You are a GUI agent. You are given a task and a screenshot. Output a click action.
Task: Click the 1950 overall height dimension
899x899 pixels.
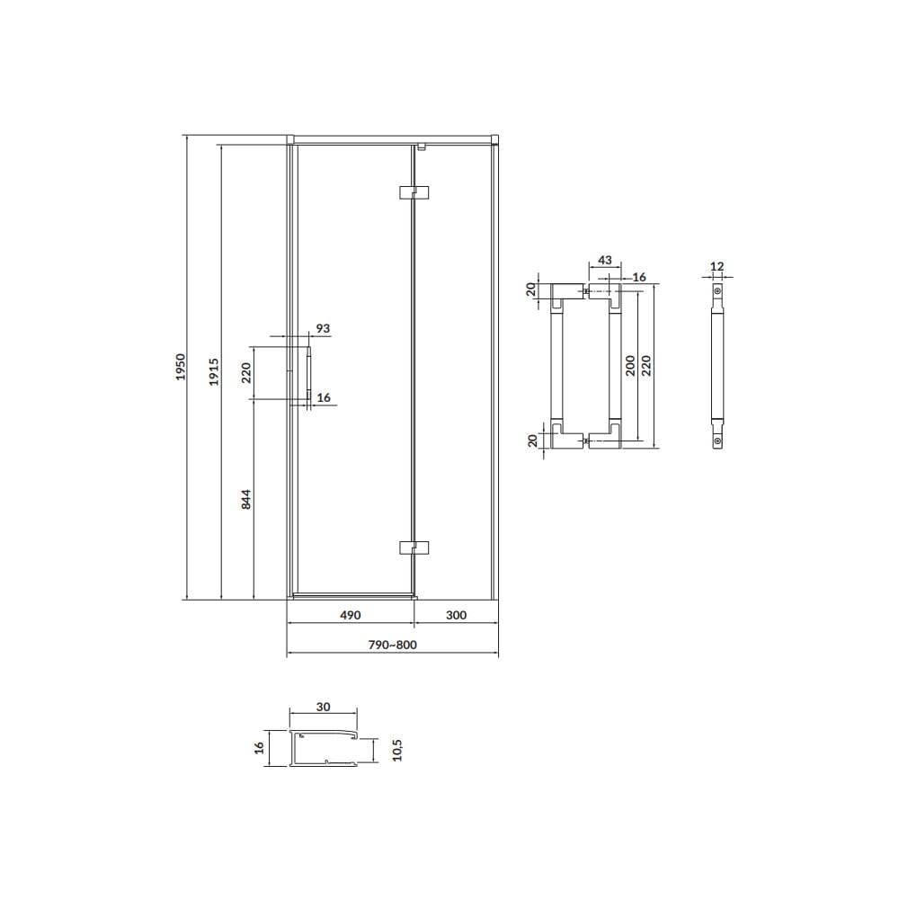click(x=181, y=367)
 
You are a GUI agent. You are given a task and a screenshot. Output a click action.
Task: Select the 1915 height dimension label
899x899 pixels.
click(x=214, y=371)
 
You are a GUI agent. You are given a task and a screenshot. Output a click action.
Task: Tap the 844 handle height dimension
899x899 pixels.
click(x=246, y=499)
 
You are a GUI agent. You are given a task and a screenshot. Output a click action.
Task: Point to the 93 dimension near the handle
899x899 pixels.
click(x=324, y=328)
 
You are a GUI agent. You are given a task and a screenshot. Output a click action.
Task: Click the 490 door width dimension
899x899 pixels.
click(x=351, y=615)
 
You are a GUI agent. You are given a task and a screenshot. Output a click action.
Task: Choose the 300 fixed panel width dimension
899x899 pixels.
click(x=456, y=615)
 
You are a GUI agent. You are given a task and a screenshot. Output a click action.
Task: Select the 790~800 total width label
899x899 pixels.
click(x=393, y=645)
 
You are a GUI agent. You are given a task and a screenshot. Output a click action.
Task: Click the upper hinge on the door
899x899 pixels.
click(x=414, y=192)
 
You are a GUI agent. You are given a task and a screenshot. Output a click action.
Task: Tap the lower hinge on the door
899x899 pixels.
click(x=414, y=547)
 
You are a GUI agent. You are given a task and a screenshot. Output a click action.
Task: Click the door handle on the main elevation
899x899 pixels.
click(x=308, y=374)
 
